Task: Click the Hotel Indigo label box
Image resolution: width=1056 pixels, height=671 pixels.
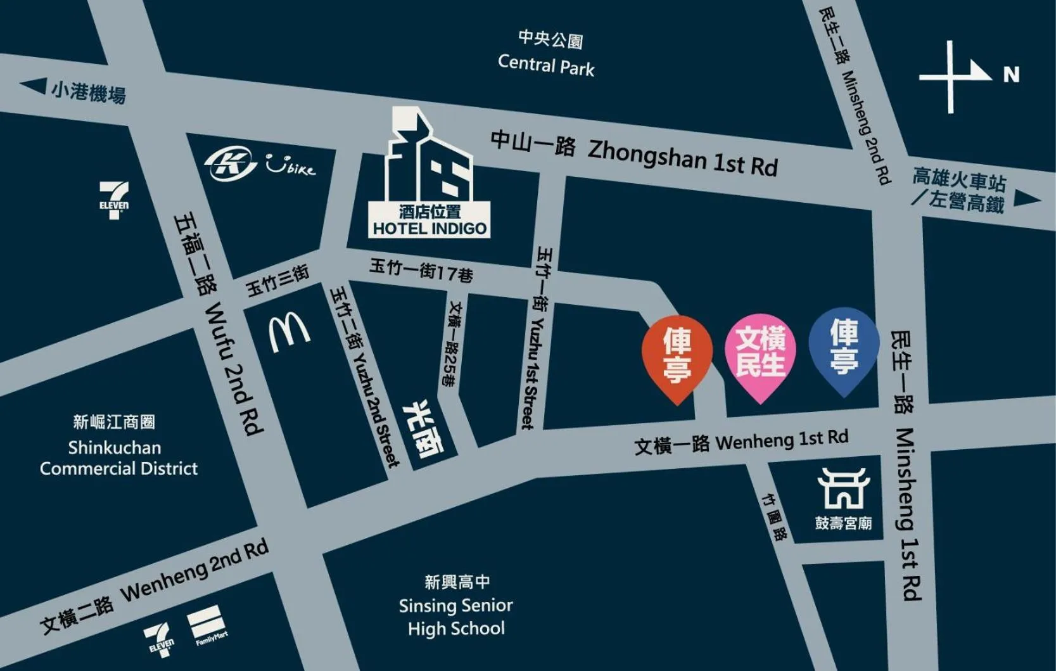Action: [429, 220]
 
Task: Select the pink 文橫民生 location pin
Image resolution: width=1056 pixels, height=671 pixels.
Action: [760, 354]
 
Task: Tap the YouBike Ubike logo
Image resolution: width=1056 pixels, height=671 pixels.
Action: [291, 166]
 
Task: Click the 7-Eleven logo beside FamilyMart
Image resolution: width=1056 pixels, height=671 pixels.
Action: [159, 639]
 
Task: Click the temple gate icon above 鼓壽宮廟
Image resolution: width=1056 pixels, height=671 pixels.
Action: [843, 489]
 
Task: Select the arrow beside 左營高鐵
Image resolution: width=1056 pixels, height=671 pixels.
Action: [1026, 199]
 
